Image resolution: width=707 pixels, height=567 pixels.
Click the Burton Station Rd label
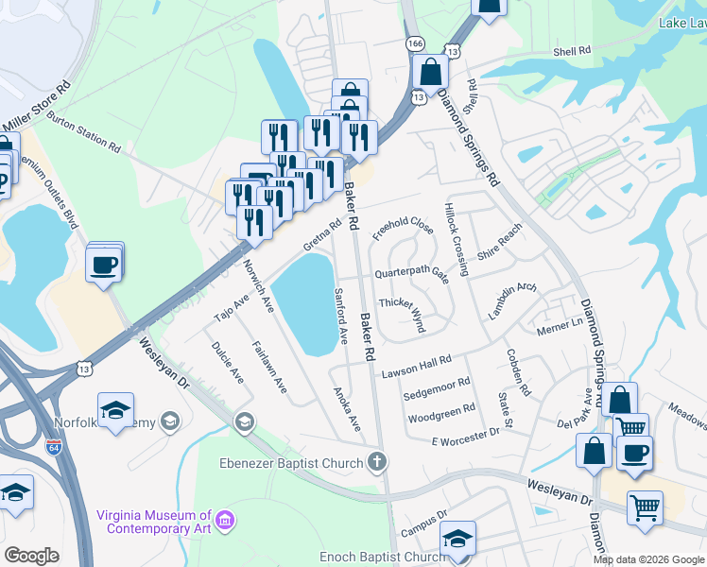84,134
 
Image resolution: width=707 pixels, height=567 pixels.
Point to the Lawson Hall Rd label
416,368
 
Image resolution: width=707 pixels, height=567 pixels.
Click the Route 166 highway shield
414,43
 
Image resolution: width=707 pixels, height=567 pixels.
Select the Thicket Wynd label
401,312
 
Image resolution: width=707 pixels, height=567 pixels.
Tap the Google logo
31,556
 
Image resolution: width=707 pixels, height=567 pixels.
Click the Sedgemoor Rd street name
437,387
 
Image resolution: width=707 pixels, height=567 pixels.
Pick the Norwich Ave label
258,286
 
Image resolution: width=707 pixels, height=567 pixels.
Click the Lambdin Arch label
512,300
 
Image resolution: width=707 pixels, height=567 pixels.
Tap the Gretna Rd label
321,236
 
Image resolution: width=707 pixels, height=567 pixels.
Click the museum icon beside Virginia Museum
225,521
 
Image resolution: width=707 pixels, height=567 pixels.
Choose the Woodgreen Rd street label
440,414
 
